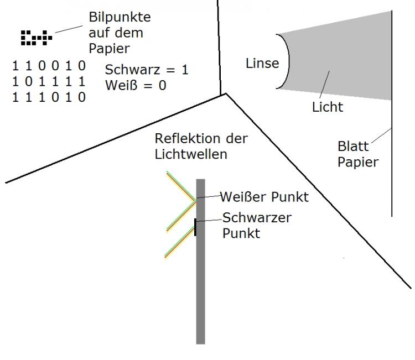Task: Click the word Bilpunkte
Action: tap(120, 18)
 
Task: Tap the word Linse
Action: tap(262, 64)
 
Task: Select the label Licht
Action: tap(328, 107)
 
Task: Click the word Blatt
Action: tap(353, 147)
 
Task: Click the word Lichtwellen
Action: tap(191, 154)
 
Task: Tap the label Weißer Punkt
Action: tap(264, 197)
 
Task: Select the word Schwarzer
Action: tap(257, 218)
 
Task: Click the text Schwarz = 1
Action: tap(147, 70)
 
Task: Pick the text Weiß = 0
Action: tap(136, 85)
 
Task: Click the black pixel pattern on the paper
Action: tap(37, 38)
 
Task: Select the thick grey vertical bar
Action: tap(201, 262)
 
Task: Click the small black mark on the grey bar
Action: tap(195, 227)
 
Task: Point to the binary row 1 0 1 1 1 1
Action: tap(49, 82)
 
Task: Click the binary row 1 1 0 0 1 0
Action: tap(49, 66)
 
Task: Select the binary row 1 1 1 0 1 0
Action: tap(49, 97)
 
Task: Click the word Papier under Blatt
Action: tap(358, 163)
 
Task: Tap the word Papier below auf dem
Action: tap(110, 49)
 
